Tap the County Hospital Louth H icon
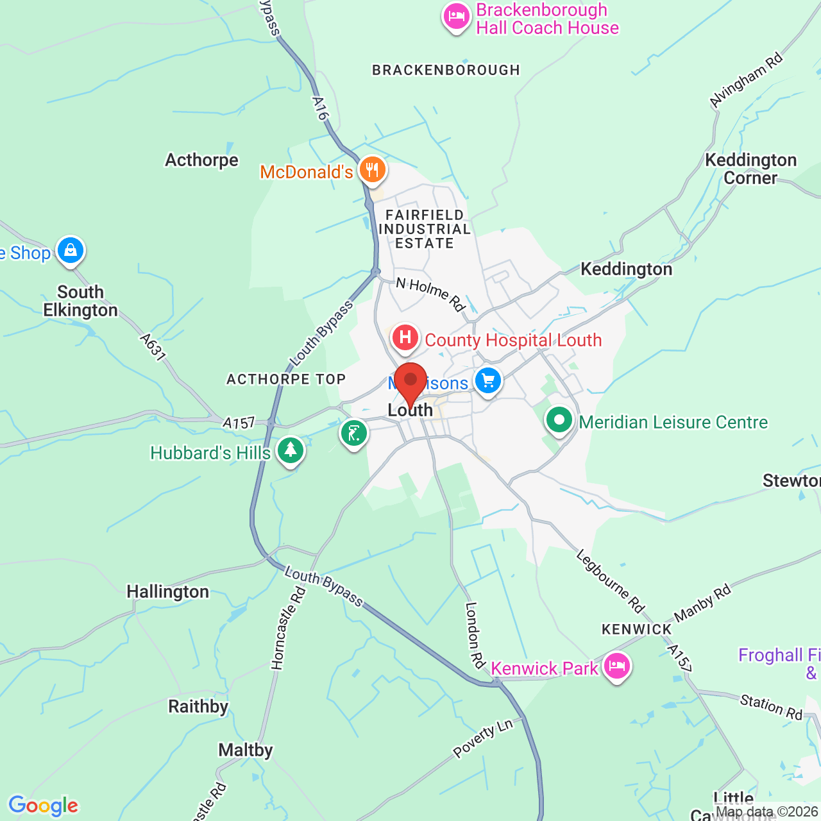pyautogui.click(x=405, y=337)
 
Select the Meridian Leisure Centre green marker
pyautogui.click(x=559, y=421)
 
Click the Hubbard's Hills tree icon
pyautogui.click(x=291, y=450)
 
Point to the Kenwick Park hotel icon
pyautogui.click(x=617, y=666)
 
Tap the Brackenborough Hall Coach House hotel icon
pyautogui.click(x=456, y=17)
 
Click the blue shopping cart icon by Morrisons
pyautogui.click(x=488, y=381)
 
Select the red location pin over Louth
pyautogui.click(x=410, y=382)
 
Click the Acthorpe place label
pyautogui.click(x=201, y=160)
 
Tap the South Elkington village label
pyautogui.click(x=81, y=301)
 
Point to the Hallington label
pyautogui.click(x=167, y=591)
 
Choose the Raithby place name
pyautogui.click(x=198, y=706)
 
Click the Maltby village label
pyautogui.click(x=246, y=750)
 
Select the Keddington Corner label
pyautogui.click(x=750, y=169)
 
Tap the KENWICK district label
pyautogui.click(x=636, y=629)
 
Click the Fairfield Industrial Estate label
pyautogui.click(x=425, y=229)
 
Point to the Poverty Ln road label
pyautogui.click(x=483, y=738)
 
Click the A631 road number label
pyautogui.click(x=153, y=346)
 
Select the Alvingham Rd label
pyautogui.click(x=747, y=80)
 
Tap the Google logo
pyautogui.click(x=44, y=806)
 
